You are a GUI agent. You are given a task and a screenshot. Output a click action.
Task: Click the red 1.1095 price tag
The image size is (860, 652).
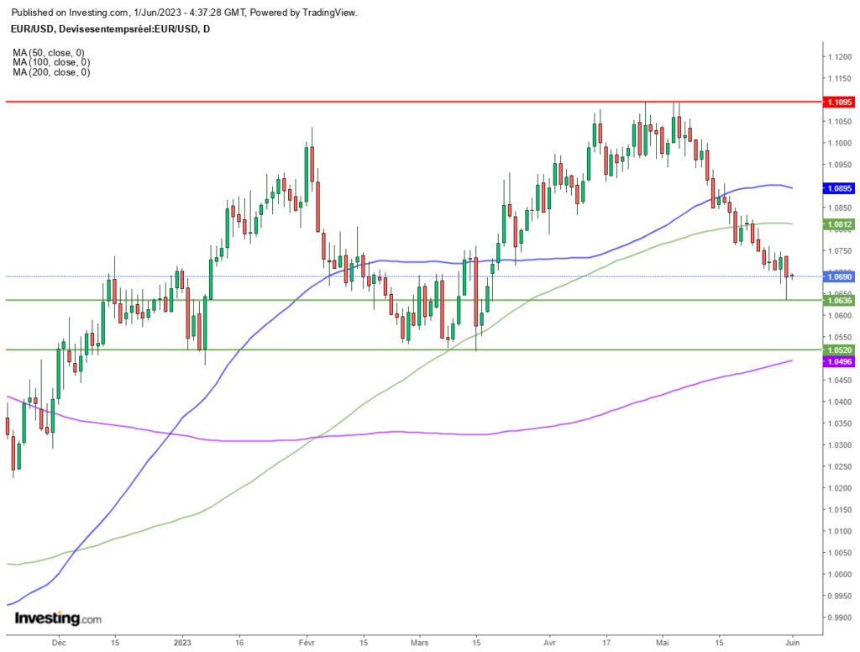(x=840, y=102)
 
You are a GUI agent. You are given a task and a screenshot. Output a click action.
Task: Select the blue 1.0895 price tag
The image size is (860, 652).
(x=840, y=188)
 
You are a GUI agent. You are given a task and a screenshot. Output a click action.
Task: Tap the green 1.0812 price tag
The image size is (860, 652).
(x=840, y=224)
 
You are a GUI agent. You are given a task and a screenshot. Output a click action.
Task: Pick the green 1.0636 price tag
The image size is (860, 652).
(x=840, y=300)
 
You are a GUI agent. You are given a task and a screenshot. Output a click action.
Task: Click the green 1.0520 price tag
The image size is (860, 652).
(x=840, y=350)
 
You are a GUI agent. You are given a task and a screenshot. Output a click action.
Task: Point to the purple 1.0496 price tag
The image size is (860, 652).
(x=840, y=361)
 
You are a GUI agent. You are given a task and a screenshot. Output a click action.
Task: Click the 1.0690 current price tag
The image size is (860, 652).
(x=840, y=277)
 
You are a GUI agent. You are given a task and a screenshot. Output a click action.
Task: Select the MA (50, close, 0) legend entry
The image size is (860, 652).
(x=49, y=53)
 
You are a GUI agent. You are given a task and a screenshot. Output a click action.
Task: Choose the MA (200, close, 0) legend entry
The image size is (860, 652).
(x=51, y=72)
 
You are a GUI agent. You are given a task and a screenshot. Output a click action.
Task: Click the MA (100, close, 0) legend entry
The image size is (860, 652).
(x=51, y=62)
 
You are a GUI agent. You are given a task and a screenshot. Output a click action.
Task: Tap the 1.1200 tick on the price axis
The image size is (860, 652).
(x=840, y=57)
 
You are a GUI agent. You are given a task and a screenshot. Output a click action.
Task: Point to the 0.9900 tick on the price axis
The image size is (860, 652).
(x=840, y=618)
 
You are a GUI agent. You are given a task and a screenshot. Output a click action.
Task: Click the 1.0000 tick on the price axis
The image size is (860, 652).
(x=840, y=575)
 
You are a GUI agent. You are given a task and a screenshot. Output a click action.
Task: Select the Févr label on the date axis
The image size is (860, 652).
(x=307, y=642)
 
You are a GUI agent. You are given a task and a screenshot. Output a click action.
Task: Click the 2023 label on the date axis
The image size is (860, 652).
(x=182, y=642)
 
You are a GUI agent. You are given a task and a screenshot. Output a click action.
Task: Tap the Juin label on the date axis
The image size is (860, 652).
(x=792, y=642)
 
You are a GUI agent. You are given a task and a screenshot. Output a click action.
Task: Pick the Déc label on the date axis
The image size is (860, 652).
(x=59, y=642)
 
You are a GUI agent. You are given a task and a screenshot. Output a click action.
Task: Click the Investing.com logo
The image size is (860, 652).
(x=58, y=618)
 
